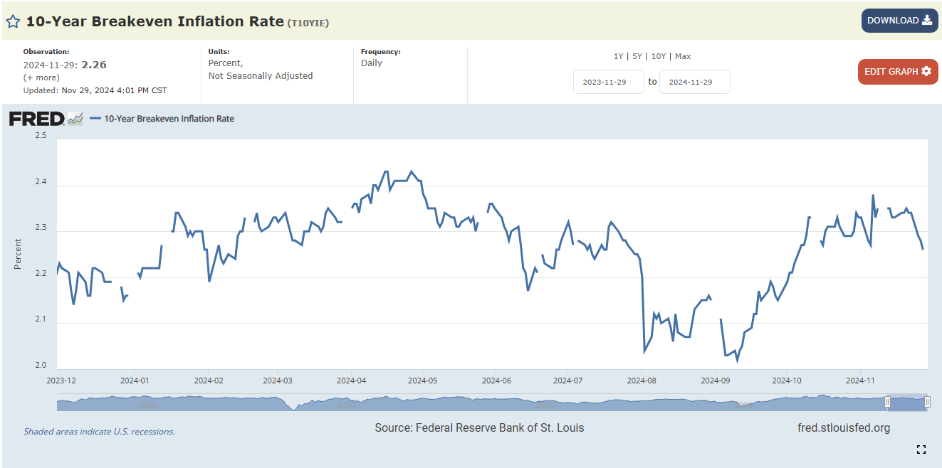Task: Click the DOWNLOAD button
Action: [x=899, y=21]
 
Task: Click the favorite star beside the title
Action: [x=13, y=21]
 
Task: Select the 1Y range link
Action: [x=618, y=56]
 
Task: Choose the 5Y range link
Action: [x=637, y=56]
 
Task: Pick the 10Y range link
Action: [x=659, y=56]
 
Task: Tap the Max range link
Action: [x=683, y=56]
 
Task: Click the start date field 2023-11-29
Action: [x=608, y=82]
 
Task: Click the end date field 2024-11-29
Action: [x=694, y=82]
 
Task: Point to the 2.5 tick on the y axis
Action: [x=41, y=135]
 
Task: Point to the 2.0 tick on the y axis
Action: [x=41, y=366]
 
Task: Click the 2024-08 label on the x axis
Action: [x=641, y=381]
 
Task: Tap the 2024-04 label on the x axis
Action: [x=350, y=381]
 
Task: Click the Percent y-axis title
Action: [x=18, y=254]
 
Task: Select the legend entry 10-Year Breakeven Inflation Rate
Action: [x=169, y=119]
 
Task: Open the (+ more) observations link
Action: [x=41, y=78]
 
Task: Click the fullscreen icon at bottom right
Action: [x=921, y=449]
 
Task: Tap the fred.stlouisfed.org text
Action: [x=844, y=427]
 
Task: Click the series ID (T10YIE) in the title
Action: [x=308, y=23]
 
